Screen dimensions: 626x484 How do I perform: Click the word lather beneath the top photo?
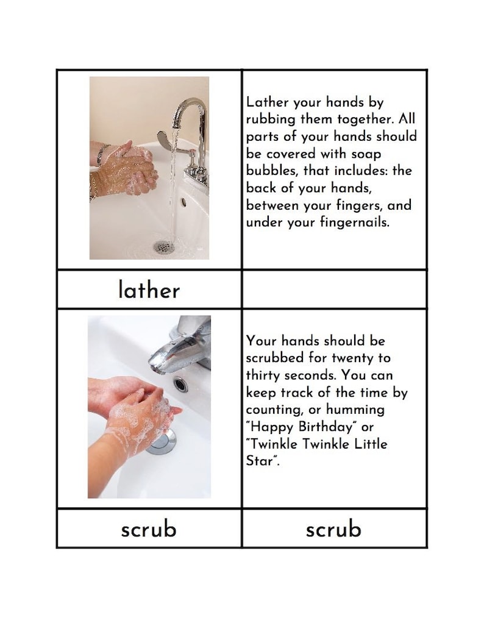pyautogui.click(x=149, y=290)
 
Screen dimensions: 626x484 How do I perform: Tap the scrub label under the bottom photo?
pyautogui.click(x=149, y=528)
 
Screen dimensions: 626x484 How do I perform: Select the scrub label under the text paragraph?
pyautogui.click(x=333, y=528)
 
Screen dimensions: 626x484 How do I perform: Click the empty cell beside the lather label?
pyautogui.click(x=333, y=290)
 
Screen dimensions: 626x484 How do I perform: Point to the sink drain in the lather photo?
pyautogui.click(x=164, y=247)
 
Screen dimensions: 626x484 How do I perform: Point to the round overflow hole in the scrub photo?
pyautogui.click(x=180, y=384)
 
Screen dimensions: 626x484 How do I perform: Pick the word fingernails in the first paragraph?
pyautogui.click(x=354, y=222)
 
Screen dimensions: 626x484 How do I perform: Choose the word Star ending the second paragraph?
pyautogui.click(x=260, y=461)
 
